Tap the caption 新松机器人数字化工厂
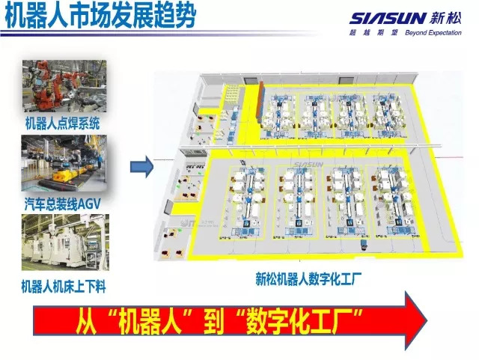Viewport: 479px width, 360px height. (x=308, y=279)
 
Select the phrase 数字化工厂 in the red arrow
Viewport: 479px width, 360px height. (x=304, y=322)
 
